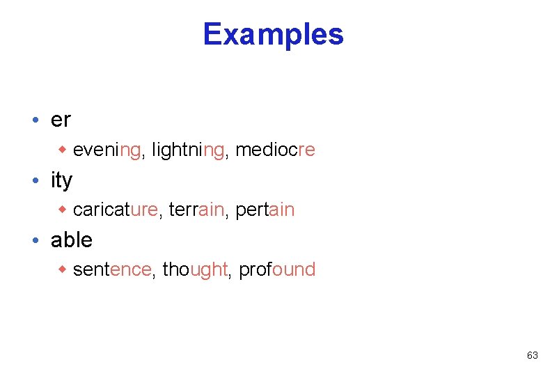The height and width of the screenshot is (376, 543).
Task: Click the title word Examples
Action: point(273,34)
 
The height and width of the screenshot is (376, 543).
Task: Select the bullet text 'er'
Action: point(61,120)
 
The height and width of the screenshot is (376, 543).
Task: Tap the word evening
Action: point(107,150)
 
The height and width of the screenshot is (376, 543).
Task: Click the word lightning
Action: point(188,150)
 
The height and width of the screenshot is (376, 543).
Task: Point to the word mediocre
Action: point(275,150)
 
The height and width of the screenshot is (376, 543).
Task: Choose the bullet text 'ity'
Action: point(61,180)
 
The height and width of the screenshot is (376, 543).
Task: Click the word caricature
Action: point(115,210)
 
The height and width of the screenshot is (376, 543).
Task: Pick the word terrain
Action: point(196,210)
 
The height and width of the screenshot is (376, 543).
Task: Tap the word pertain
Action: point(265,210)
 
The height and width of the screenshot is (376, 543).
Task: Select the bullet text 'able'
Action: point(71,240)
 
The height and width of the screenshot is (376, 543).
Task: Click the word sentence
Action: point(111,269)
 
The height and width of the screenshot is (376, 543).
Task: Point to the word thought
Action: point(195,269)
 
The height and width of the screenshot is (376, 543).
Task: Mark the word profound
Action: point(277,269)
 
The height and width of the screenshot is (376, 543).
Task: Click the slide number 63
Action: point(532,355)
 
